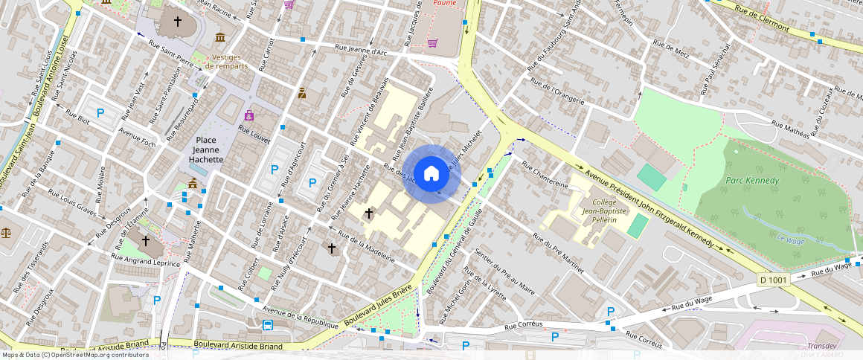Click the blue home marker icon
[x=431, y=174]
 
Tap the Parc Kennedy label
[x=752, y=181]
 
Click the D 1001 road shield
[x=773, y=280]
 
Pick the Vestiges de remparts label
[x=226, y=61]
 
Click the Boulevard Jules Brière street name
[x=377, y=306]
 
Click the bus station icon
[x=267, y=325]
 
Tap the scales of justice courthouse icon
[x=6, y=233]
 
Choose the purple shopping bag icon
[x=248, y=115]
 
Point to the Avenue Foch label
[x=136, y=138]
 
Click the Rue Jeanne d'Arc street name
[x=362, y=50]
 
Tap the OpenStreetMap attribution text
[x=74, y=355]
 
